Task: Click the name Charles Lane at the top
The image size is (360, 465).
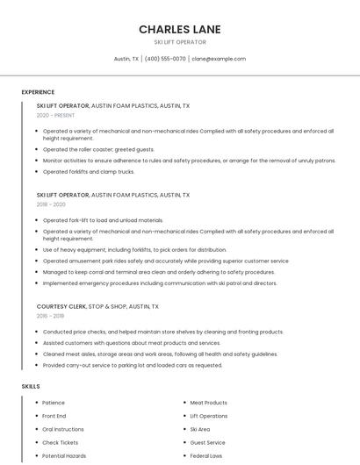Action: (x=179, y=29)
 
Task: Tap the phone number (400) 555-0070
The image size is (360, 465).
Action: (x=165, y=59)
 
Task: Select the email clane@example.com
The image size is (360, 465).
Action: (x=219, y=59)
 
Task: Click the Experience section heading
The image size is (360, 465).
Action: (x=38, y=92)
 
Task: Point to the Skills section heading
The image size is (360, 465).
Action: (x=31, y=386)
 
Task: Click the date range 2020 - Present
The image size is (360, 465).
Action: (x=55, y=115)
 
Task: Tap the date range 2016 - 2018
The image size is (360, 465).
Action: (x=50, y=316)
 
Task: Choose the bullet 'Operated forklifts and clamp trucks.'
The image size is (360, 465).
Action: (x=89, y=172)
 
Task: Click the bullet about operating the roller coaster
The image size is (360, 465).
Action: (x=98, y=149)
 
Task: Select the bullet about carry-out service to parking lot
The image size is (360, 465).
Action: (x=133, y=365)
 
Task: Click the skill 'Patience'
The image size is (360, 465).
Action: (x=54, y=403)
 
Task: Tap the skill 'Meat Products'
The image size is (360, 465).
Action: (x=208, y=403)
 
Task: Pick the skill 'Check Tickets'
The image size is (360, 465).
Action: (x=60, y=443)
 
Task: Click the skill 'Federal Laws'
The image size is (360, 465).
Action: (x=205, y=456)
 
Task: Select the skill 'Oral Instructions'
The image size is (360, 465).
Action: (x=63, y=430)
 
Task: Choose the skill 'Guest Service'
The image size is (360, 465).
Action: (x=207, y=443)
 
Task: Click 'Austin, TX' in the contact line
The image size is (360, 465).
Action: (x=126, y=59)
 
